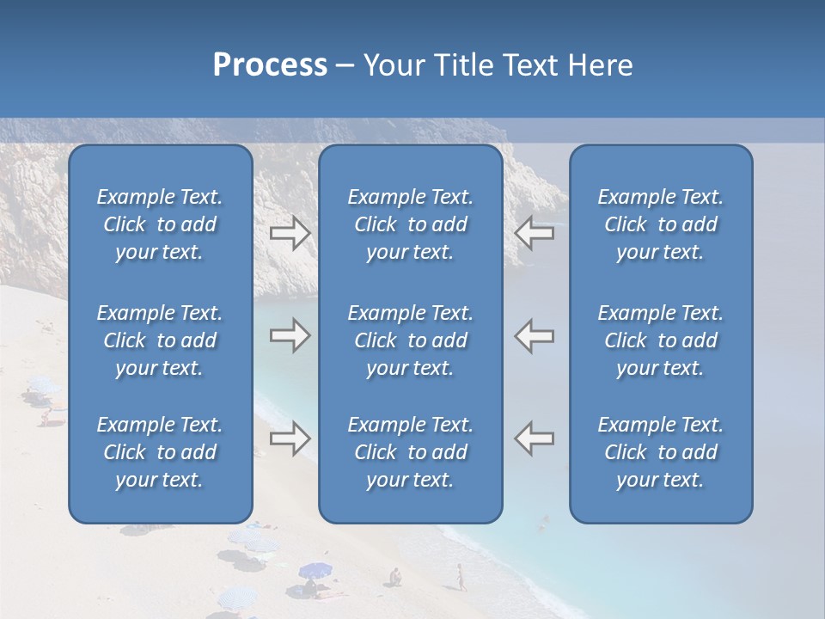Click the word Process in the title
click(x=270, y=64)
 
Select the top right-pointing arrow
click(x=290, y=232)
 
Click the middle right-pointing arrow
click(x=290, y=335)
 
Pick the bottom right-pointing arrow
click(x=290, y=438)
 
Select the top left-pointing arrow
click(x=535, y=232)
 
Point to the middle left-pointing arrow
click(x=535, y=335)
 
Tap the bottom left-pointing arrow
click(x=535, y=438)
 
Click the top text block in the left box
click(x=160, y=224)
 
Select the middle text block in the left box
click(x=160, y=340)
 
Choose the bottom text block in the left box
click(x=160, y=452)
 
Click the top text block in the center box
click(x=411, y=224)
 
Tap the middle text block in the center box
click(x=411, y=340)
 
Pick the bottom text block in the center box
click(x=411, y=452)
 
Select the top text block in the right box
click(x=661, y=224)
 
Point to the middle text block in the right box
click(x=661, y=340)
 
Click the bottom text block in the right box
click(x=661, y=452)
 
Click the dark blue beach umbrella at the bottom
click(x=315, y=569)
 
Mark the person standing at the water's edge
click(x=461, y=576)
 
